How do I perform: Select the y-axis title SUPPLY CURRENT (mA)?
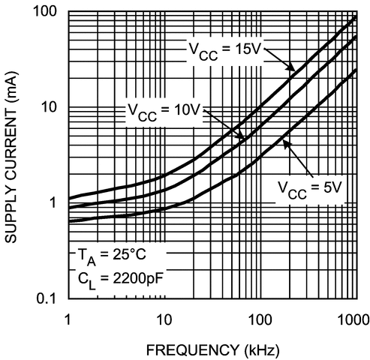13,156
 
